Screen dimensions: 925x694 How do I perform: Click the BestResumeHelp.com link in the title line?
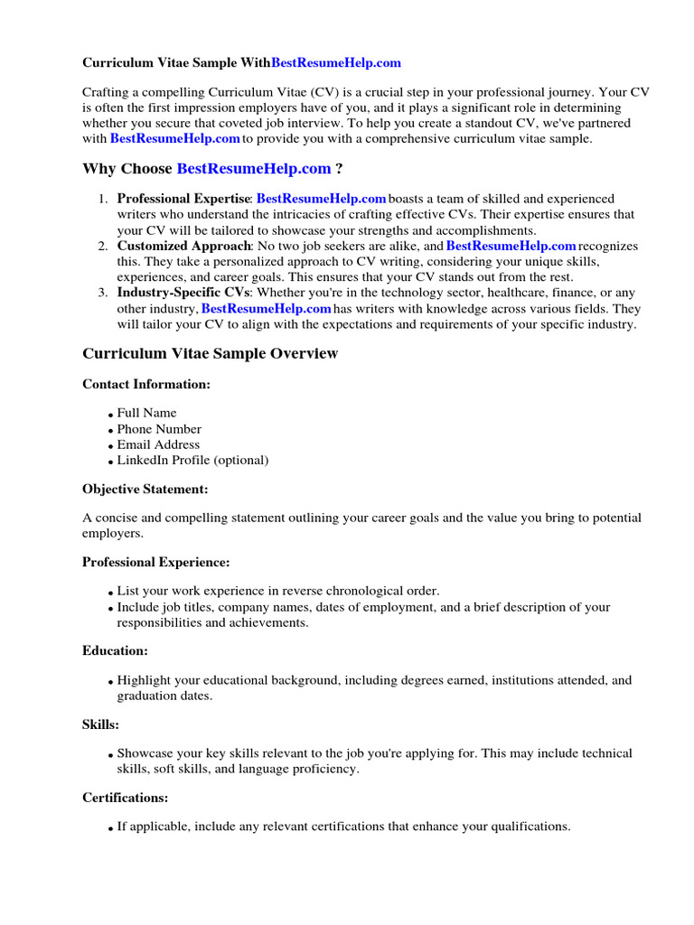336,63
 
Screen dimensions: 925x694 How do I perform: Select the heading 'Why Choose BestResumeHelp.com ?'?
212,169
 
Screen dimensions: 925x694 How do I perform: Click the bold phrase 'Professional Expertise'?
183,199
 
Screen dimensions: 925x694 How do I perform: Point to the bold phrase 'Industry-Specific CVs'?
186,293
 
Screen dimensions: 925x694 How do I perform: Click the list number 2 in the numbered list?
103,246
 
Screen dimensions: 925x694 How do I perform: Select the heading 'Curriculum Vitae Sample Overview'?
210,353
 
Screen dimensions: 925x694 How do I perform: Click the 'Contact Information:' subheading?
146,384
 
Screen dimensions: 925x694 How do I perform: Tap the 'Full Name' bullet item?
147,413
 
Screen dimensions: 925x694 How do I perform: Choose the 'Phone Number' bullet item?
159,429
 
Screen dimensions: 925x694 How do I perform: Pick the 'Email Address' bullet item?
158,444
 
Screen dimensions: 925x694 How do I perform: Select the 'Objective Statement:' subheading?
145,489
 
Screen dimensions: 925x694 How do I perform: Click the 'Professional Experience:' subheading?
156,562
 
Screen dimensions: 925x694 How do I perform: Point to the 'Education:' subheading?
116,650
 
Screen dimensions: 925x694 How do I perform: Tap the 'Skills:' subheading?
101,724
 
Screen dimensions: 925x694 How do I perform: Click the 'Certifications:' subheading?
126,798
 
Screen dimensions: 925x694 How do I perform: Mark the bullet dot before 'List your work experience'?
111,593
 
